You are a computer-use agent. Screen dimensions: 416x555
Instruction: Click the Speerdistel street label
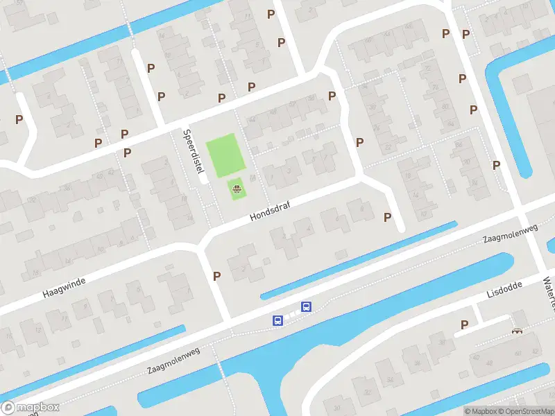195,156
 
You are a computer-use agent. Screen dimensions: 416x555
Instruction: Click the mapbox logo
30,408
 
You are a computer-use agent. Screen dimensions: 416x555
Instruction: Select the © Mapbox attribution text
479,411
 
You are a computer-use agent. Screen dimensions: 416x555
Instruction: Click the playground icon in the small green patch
237,188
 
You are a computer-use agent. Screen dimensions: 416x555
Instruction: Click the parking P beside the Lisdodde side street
464,324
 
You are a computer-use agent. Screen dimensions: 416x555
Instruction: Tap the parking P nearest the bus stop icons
216,276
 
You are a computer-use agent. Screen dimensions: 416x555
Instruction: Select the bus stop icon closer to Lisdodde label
305,306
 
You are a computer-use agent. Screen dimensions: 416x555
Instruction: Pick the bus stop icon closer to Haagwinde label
277,320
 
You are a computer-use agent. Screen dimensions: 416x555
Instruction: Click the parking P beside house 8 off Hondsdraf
387,217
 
